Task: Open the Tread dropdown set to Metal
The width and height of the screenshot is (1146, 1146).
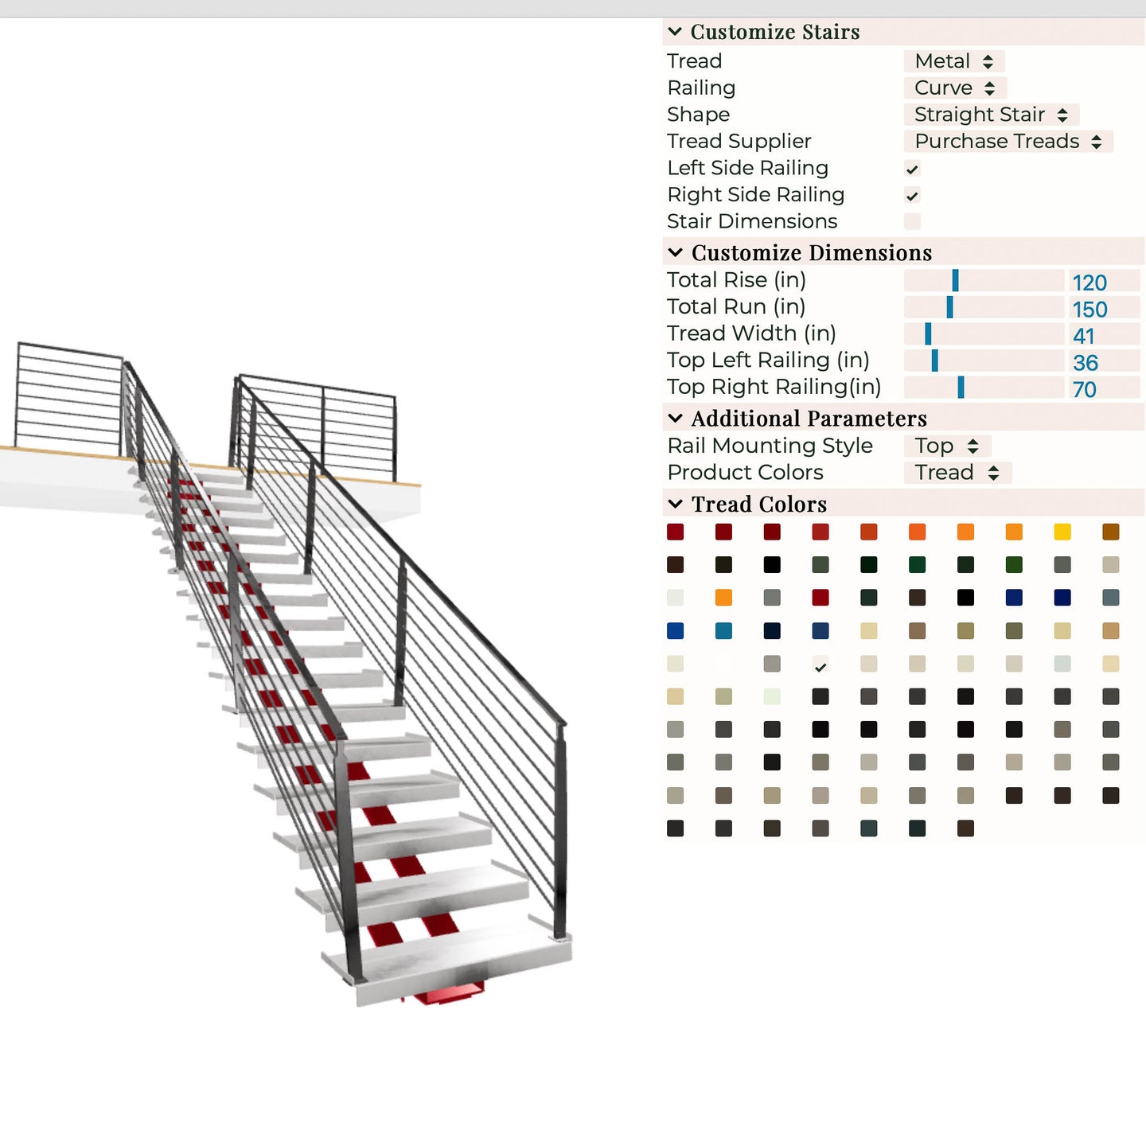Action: pyautogui.click(x=953, y=61)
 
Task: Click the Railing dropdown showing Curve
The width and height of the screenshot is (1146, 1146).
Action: pyautogui.click(x=954, y=88)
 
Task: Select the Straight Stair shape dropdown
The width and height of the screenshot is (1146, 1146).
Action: pyautogui.click(x=991, y=114)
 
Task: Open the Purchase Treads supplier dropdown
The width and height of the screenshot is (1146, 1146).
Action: pyautogui.click(x=1008, y=141)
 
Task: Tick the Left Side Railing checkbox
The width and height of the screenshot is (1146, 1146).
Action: pyautogui.click(x=912, y=169)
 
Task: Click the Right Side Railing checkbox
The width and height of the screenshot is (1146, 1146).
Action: pyautogui.click(x=912, y=196)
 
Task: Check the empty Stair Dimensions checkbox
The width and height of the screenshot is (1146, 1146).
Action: pyautogui.click(x=912, y=222)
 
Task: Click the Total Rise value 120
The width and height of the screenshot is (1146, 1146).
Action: pyautogui.click(x=1089, y=283)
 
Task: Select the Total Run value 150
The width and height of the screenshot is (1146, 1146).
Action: pyautogui.click(x=1089, y=310)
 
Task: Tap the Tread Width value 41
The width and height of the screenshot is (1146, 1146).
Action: pyautogui.click(x=1084, y=336)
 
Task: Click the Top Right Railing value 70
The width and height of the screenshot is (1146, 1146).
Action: pyautogui.click(x=1084, y=389)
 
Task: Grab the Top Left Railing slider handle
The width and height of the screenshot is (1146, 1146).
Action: pyautogui.click(x=935, y=361)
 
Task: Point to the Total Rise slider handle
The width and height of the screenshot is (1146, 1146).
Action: pyautogui.click(x=955, y=280)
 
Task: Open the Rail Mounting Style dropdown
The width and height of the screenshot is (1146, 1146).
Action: pyautogui.click(x=947, y=446)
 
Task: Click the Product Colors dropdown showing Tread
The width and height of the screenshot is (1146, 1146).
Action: pyautogui.click(x=957, y=473)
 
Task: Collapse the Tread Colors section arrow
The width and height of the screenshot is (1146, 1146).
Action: pyautogui.click(x=675, y=505)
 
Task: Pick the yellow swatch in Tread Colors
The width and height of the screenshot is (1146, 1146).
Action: pyautogui.click(x=1062, y=532)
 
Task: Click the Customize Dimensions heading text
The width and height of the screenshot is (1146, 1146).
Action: pyautogui.click(x=812, y=253)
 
